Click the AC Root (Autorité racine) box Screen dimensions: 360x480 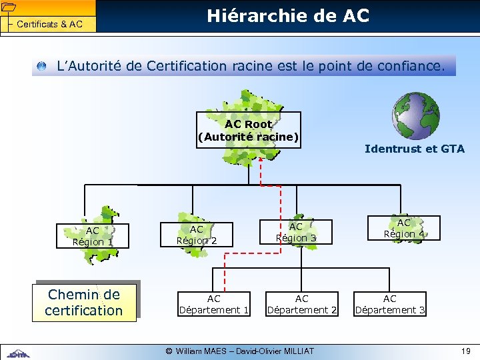(249, 130)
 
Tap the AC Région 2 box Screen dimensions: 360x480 (196, 234)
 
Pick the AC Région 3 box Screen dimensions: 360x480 (295, 233)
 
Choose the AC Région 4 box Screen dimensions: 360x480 (403, 228)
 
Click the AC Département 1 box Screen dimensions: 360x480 (214, 304)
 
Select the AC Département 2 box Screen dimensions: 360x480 (302, 304)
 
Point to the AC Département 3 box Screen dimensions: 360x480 (390, 304)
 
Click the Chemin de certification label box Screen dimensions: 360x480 (84, 303)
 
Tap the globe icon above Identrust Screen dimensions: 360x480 (415, 115)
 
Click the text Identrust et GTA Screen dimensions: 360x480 (415, 149)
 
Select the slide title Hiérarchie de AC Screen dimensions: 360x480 (288, 15)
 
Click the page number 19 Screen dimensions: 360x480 (465, 351)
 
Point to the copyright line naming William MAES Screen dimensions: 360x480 (239, 351)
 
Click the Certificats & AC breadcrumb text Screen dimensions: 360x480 (49, 25)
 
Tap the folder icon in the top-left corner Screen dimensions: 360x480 (8, 7)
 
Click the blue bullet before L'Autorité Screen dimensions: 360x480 (42, 67)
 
